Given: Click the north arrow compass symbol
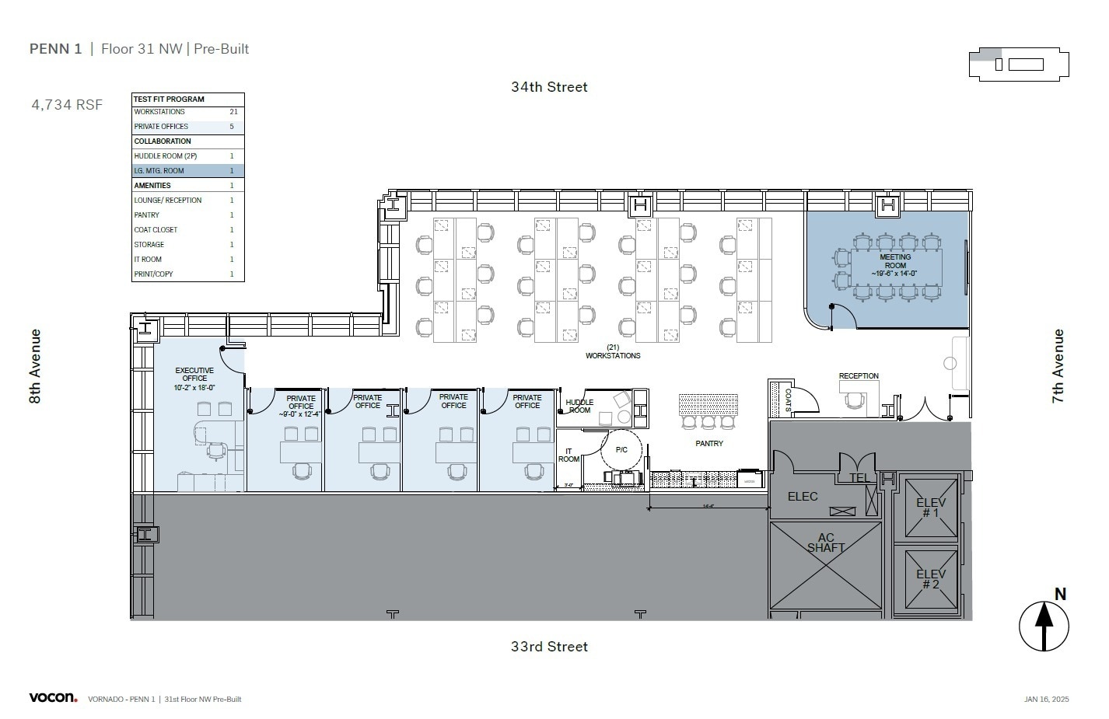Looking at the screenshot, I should point(1044,625).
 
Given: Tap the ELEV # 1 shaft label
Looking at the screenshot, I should point(931,508).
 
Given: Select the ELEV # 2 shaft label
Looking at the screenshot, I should point(931,580).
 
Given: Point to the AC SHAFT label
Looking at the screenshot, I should point(826,543).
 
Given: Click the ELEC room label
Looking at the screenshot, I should point(803,497).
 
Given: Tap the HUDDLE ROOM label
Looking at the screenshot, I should point(579,406).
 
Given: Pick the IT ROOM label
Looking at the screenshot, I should point(568,455).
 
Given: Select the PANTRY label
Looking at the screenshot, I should point(709,444).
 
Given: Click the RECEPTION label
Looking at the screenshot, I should point(859,376).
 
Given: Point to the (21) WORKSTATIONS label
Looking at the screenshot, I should point(613,351).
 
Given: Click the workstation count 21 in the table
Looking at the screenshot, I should point(233,112).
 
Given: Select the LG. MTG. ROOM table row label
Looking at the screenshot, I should point(159,171).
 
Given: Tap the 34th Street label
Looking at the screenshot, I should point(549,87).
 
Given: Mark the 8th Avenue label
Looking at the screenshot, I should point(35,366).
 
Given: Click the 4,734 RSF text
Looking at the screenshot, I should point(67,105).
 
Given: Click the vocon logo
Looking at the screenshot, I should point(53,697).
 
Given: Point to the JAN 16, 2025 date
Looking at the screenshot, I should point(1046,700).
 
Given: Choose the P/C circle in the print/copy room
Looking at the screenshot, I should point(621,450).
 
